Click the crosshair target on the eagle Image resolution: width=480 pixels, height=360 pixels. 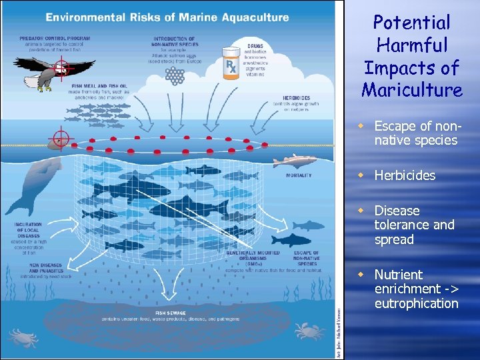pos(61,67)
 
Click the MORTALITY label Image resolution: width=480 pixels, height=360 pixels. pos(298,175)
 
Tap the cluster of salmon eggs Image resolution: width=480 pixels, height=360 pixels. pos(175,76)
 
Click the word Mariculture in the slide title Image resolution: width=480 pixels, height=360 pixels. pos(412,89)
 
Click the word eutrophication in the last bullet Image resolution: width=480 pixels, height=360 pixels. pos(416,303)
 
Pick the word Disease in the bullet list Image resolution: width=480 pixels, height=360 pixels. pos(397,211)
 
